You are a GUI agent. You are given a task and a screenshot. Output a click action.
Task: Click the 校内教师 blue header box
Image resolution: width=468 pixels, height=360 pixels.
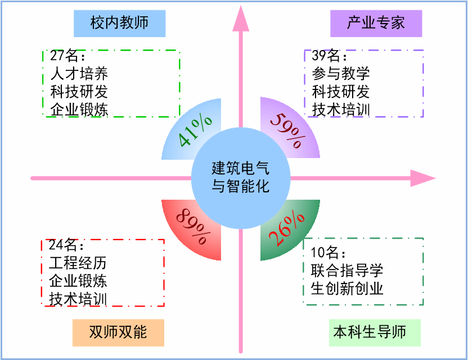pyautogui.click(x=119, y=23)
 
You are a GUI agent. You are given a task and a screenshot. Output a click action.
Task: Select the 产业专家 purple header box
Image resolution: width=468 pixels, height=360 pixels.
pyautogui.click(x=376, y=23)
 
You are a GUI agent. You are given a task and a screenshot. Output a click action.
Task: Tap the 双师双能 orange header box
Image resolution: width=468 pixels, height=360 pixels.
pyautogui.click(x=118, y=332)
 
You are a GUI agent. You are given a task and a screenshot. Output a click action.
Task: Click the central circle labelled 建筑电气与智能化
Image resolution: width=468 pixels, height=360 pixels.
pyautogui.click(x=241, y=178)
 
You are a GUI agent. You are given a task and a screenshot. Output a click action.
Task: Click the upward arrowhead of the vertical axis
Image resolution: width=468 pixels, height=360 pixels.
pyautogui.click(x=241, y=17)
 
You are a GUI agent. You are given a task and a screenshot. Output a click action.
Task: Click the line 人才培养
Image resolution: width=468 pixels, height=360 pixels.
pyautogui.click(x=79, y=74)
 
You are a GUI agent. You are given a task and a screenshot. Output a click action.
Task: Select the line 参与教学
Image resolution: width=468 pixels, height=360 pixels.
pyautogui.click(x=341, y=74)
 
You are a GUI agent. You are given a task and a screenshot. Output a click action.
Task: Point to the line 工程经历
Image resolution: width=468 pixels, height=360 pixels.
pyautogui.click(x=78, y=263)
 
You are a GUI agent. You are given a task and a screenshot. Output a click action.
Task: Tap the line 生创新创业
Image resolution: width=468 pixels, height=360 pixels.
pyautogui.click(x=346, y=289)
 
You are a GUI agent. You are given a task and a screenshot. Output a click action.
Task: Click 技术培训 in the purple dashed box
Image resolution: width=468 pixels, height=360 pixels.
pyautogui.click(x=341, y=109)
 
